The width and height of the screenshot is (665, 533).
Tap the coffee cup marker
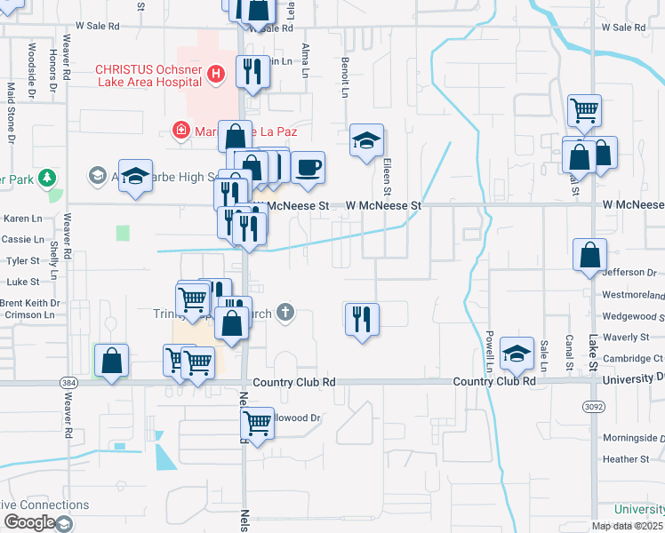(308, 167)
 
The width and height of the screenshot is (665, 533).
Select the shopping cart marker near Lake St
(585, 110)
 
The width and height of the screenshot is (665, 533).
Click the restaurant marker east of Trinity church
(362, 318)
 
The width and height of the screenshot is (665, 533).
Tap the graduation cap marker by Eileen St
(366, 140)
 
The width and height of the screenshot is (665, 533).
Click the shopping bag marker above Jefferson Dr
(590, 255)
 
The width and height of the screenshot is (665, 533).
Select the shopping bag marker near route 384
(111, 361)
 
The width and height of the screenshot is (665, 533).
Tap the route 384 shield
(68, 381)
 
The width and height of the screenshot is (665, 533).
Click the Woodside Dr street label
(32, 61)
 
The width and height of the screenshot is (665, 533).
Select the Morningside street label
(632, 438)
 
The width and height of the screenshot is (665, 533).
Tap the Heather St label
(626, 459)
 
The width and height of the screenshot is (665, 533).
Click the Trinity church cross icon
(284, 312)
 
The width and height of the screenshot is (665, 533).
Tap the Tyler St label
(23, 261)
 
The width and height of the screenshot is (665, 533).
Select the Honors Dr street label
(52, 65)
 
